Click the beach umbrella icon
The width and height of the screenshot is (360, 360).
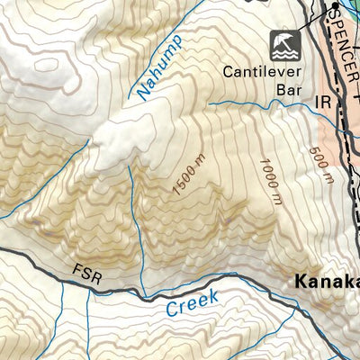(x=282, y=43)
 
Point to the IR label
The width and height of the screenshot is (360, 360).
(x=324, y=104)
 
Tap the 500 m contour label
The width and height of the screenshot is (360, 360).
(x=318, y=165)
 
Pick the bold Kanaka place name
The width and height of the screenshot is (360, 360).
(x=328, y=283)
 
